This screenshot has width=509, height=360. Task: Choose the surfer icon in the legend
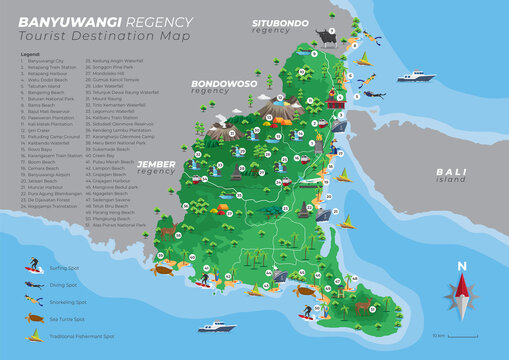33,268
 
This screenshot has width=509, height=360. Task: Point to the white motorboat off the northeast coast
415,76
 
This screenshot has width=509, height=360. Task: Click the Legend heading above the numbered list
30,54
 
